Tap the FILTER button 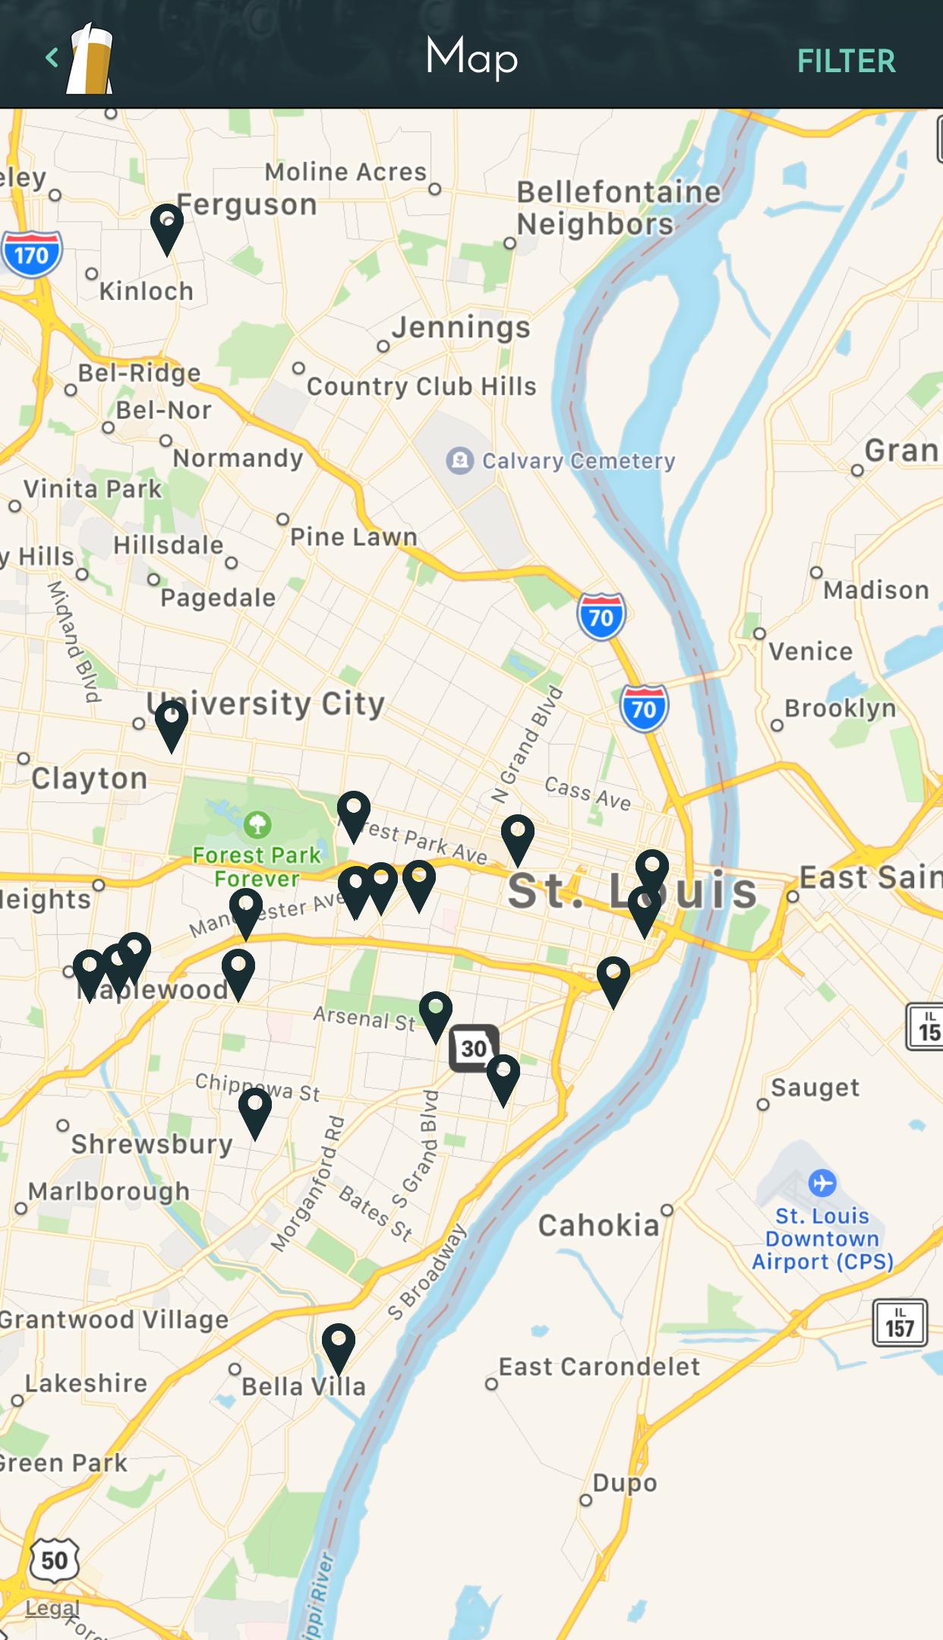tap(846, 62)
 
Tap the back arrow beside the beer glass tap(52, 58)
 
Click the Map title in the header tap(471, 57)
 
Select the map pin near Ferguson tap(167, 226)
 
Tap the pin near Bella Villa tap(339, 1345)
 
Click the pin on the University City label tap(172, 722)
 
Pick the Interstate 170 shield tap(31, 254)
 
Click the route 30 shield tap(474, 1048)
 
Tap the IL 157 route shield tap(900, 1322)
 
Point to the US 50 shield tap(54, 1560)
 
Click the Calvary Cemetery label tap(578, 460)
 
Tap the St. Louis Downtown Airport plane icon tap(822, 1183)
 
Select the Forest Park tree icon tap(257, 824)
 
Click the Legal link tap(52, 1608)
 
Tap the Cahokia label tap(599, 1225)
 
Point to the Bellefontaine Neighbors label tap(618, 208)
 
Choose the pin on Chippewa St tap(255, 1110)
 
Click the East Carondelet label tap(599, 1367)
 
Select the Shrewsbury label tap(152, 1144)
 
